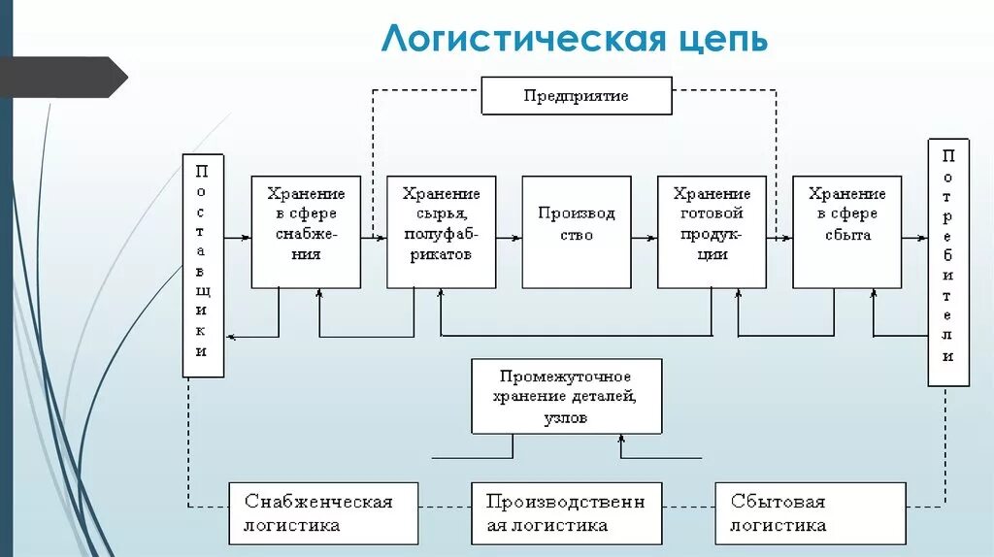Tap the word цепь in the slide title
coord(720,39)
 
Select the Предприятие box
coord(577,96)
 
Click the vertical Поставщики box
coord(202,265)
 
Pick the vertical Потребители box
coord(948,262)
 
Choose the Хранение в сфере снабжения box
coord(306,232)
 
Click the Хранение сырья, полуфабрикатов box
coord(441,232)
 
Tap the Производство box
coord(577,232)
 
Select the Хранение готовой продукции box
coord(712,232)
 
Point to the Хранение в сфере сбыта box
coord(846,232)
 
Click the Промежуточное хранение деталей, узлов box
coord(567,396)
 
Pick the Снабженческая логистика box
coord(324,512)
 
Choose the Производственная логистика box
coord(567,512)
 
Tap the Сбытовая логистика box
coord(811,512)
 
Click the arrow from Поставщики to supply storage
coord(237,236)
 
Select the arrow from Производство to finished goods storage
coord(644,236)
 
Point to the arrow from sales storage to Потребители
coord(914,236)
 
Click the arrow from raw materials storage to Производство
coord(509,236)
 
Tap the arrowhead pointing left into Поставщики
coord(231,337)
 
